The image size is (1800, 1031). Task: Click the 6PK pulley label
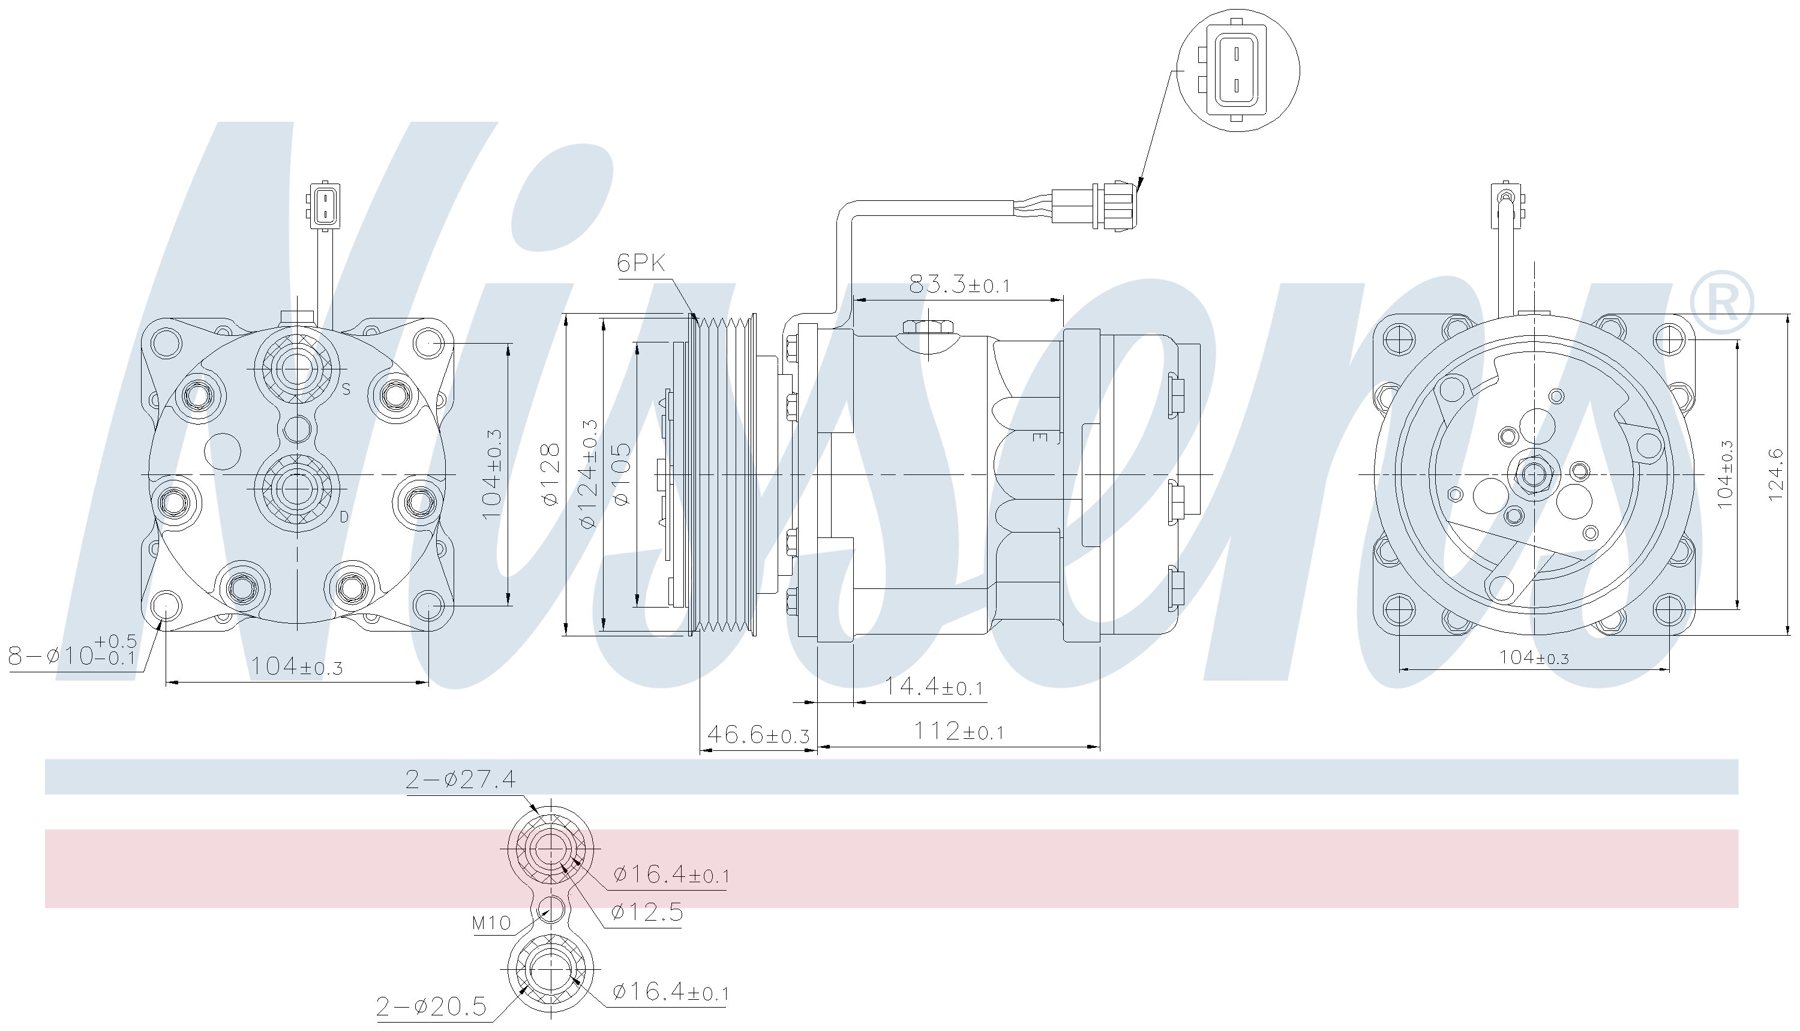(x=641, y=263)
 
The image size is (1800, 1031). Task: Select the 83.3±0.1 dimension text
(x=959, y=285)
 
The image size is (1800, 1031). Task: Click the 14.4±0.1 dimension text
(x=934, y=686)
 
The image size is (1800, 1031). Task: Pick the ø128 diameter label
(x=550, y=474)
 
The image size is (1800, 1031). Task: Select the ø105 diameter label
(x=621, y=474)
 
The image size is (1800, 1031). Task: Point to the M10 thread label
(x=491, y=924)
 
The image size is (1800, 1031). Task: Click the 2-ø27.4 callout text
(x=460, y=780)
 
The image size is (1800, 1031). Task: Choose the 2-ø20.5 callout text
(x=431, y=1005)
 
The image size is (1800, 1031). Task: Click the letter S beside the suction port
(x=346, y=389)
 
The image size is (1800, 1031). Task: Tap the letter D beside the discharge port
(x=344, y=517)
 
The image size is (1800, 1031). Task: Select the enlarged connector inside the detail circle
(x=1235, y=70)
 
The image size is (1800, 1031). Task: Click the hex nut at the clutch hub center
(x=1533, y=474)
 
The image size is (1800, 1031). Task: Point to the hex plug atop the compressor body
(x=928, y=329)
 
